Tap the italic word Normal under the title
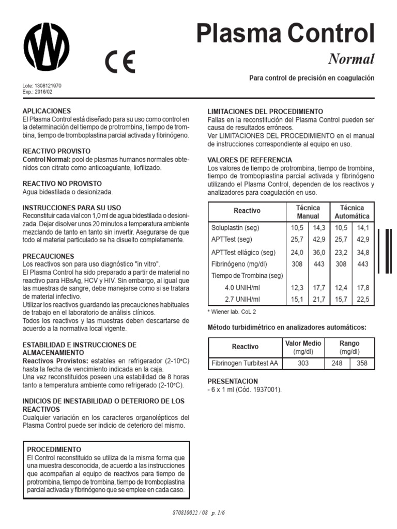351,59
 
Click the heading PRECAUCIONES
49,256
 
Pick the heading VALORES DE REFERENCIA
250,160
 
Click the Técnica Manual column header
308,212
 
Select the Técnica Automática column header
352,212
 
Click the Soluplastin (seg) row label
235,228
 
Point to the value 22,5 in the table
363,300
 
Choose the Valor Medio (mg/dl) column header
303,347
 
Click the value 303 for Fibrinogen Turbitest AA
303,363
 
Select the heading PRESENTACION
233,381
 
